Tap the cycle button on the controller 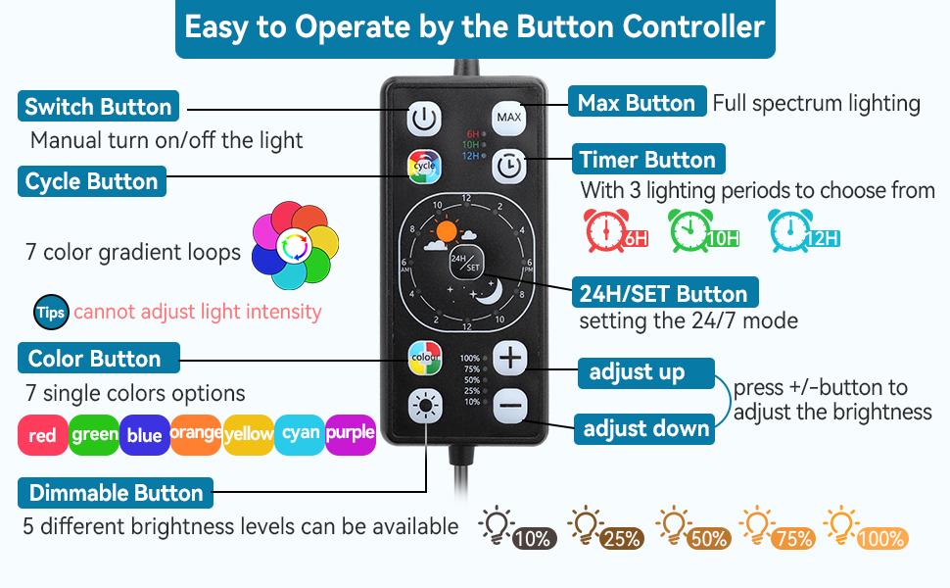click(x=423, y=166)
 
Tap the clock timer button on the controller click(x=508, y=166)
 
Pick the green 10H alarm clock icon click(x=702, y=229)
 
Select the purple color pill click(x=351, y=433)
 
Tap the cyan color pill click(x=299, y=433)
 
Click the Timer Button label click(x=647, y=160)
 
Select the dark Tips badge click(x=50, y=313)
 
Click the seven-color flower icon click(x=294, y=246)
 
